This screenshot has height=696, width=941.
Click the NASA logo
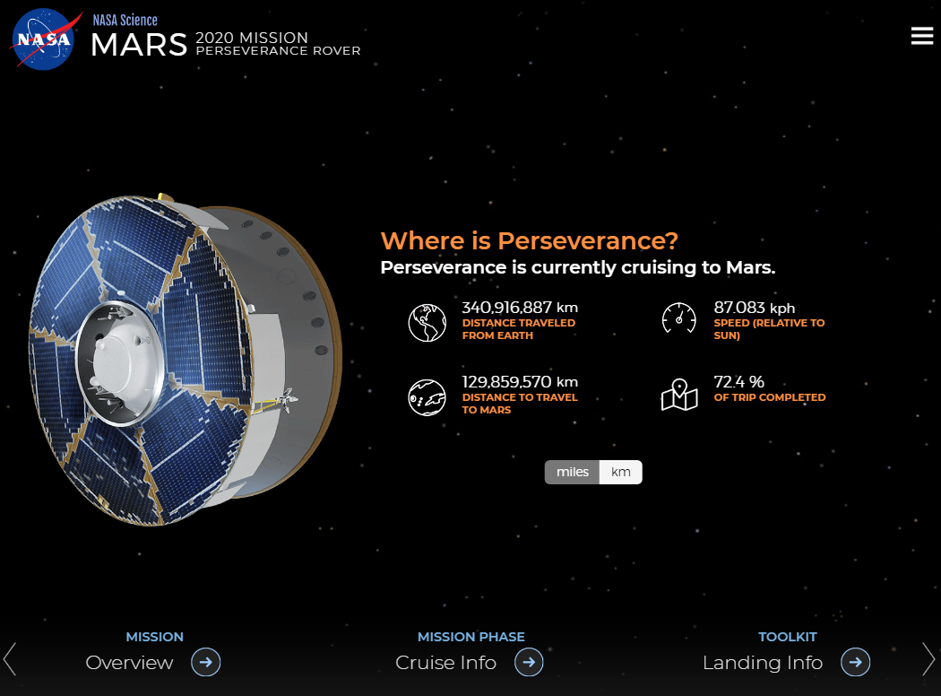pos(43,39)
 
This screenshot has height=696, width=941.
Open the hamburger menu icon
pos(922,36)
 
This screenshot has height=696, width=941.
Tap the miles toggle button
pos(572,472)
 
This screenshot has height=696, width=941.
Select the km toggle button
pos(620,472)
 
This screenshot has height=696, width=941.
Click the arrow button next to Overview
pos(206,663)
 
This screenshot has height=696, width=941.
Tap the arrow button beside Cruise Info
pos(529,663)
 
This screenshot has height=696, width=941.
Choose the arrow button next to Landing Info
pos(855,663)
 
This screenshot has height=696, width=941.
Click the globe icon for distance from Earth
pos(427,323)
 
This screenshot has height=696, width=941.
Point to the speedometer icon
pos(678,318)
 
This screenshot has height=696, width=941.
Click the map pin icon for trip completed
pos(679,396)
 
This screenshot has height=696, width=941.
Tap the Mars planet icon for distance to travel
pos(427,397)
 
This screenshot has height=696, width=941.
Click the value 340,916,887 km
pos(520,308)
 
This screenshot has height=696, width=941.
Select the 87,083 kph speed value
pos(755,308)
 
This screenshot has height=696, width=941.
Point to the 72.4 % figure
pos(738,382)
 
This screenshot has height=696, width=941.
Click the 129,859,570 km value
pos(520,382)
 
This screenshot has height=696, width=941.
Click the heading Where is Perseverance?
pos(530,240)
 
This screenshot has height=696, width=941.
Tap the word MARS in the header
pos(139,45)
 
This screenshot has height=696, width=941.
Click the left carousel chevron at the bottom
pos(9,659)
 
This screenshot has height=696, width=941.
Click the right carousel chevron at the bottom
pos(928,659)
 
